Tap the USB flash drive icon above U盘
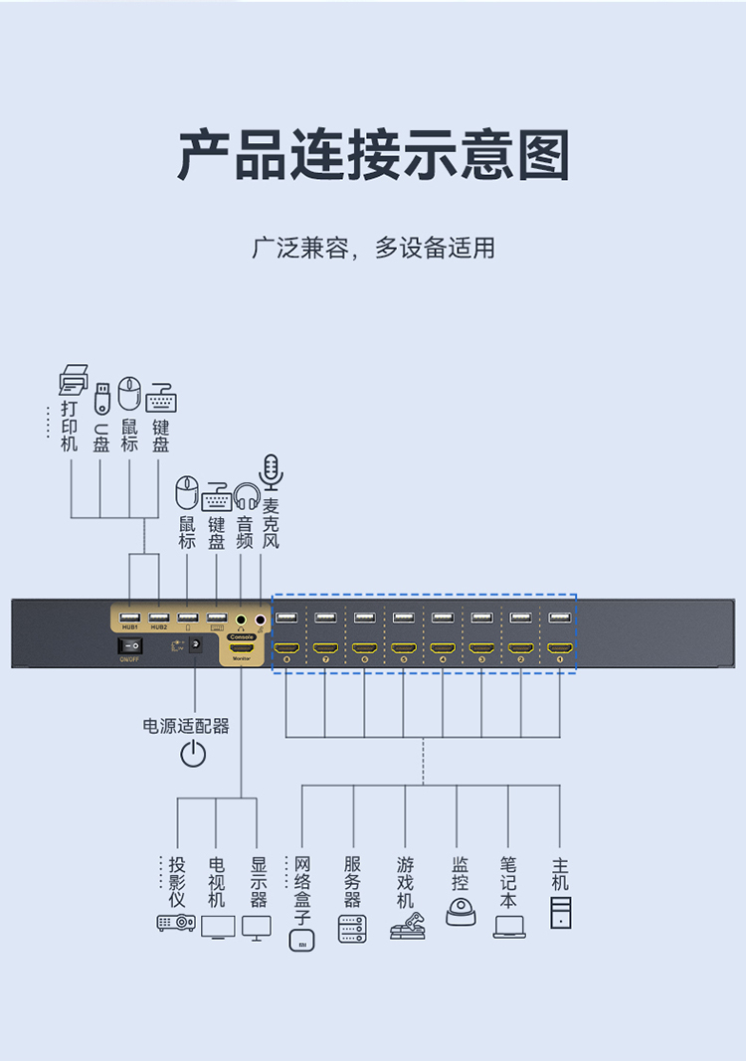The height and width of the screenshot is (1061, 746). pyautogui.click(x=100, y=396)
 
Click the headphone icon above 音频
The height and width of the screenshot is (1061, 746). pyautogui.click(x=246, y=494)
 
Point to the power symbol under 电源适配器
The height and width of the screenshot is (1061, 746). pyautogui.click(x=193, y=754)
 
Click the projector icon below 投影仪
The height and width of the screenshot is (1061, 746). pyautogui.click(x=176, y=923)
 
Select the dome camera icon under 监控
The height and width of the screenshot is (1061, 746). pyautogui.click(x=461, y=913)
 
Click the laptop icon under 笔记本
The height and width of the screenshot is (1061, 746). pyautogui.click(x=509, y=927)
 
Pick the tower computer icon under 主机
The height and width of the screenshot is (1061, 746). pyautogui.click(x=561, y=912)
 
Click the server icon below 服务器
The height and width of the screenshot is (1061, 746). pyautogui.click(x=352, y=929)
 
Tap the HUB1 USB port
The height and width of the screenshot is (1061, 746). pyautogui.click(x=130, y=618)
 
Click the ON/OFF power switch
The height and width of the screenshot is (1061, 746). pyautogui.click(x=130, y=645)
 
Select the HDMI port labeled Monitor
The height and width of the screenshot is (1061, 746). pyautogui.click(x=242, y=647)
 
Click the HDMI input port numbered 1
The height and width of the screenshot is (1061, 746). pyautogui.click(x=559, y=648)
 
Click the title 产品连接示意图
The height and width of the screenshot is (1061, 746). pyautogui.click(x=373, y=155)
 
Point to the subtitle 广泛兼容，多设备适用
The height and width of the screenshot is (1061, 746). pyautogui.click(x=373, y=248)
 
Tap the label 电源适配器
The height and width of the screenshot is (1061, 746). pyautogui.click(x=186, y=726)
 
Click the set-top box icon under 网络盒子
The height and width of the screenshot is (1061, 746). pyautogui.click(x=300, y=940)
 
